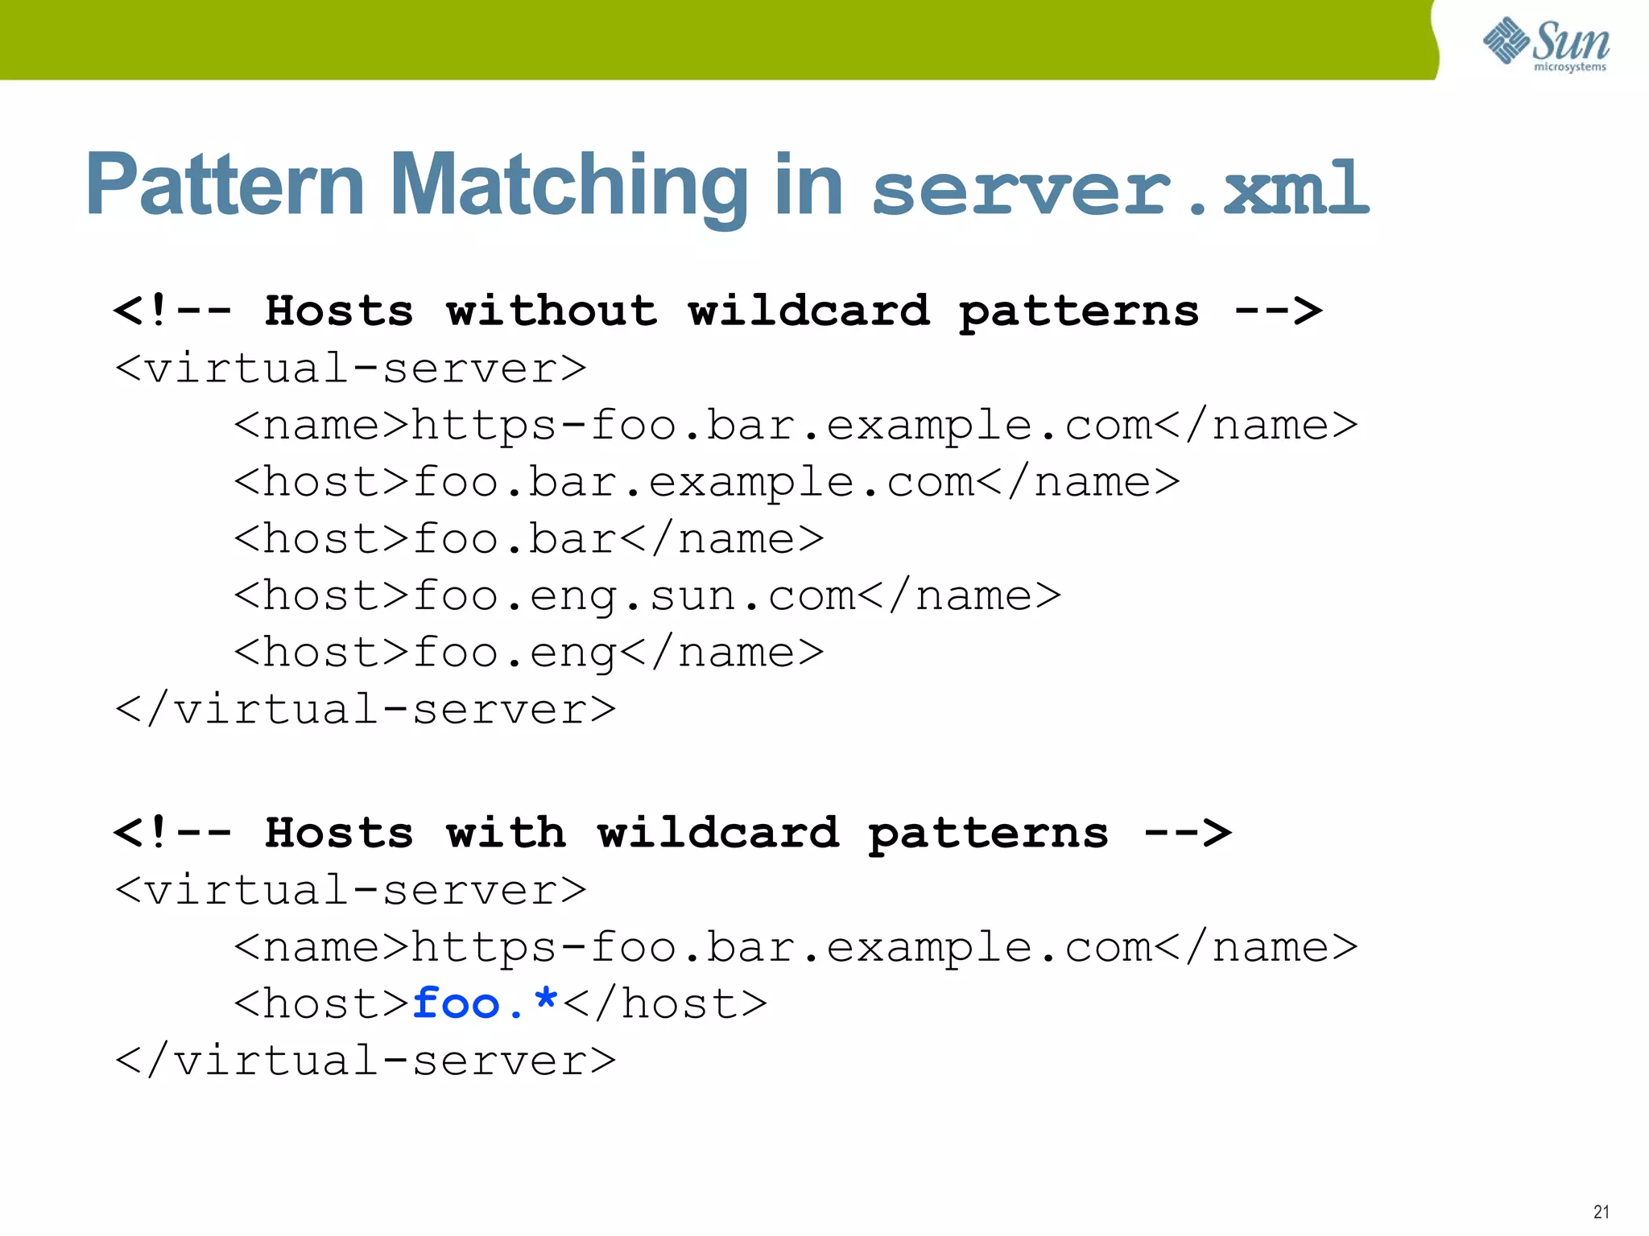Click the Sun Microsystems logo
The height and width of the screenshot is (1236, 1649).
click(1545, 43)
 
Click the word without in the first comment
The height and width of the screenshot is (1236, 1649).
click(552, 311)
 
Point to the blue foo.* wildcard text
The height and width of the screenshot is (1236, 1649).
click(485, 1003)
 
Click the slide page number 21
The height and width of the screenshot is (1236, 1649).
click(1601, 1212)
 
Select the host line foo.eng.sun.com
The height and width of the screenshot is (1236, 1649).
click(647, 596)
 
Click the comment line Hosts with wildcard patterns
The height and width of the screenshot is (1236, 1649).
click(672, 833)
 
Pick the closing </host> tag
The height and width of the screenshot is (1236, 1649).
click(665, 1003)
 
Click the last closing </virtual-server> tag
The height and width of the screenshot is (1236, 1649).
click(366, 1061)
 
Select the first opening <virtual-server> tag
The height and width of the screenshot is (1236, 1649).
click(351, 369)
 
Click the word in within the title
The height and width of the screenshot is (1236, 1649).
click(808, 187)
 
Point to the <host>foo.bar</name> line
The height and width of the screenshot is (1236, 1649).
click(529, 539)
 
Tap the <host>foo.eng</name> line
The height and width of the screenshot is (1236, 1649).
click(529, 653)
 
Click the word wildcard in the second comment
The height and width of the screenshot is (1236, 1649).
click(717, 833)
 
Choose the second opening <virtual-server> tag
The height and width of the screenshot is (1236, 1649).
click(351, 890)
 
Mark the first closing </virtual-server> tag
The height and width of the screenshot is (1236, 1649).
click(366, 710)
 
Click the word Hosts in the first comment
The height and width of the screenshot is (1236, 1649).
click(339, 311)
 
